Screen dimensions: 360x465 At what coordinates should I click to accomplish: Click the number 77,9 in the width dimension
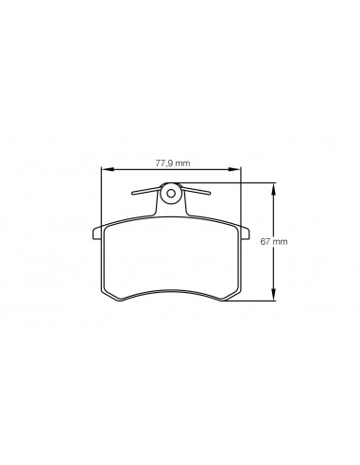click(164, 164)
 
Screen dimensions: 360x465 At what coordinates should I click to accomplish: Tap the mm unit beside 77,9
click(183, 164)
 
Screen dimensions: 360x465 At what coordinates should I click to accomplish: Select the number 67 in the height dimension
click(265, 241)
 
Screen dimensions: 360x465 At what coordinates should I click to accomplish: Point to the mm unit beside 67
click(280, 242)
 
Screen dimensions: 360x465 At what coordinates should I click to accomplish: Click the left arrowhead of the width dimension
click(107, 169)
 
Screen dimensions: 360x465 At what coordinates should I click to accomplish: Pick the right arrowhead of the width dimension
click(234, 169)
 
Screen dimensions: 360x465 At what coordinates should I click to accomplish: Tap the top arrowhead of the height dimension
click(274, 188)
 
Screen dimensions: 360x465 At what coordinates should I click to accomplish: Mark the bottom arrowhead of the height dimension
click(274, 295)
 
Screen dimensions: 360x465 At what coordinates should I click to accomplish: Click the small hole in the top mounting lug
click(171, 193)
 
